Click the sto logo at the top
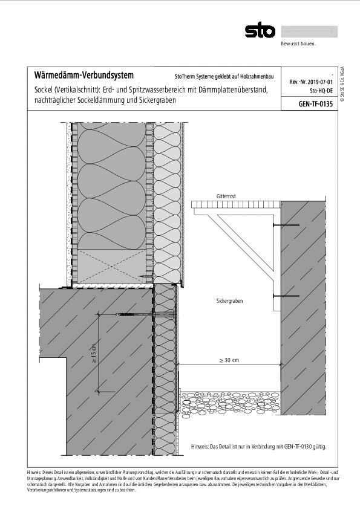point(260,30)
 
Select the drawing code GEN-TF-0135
point(316,103)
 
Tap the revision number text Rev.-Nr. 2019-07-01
point(312,80)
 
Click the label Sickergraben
point(230,300)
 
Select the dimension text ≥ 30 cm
point(229,360)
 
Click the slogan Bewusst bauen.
point(298,44)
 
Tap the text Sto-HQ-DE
point(320,89)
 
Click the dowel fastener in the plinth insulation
point(139,315)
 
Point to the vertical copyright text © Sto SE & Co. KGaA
point(342,85)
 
